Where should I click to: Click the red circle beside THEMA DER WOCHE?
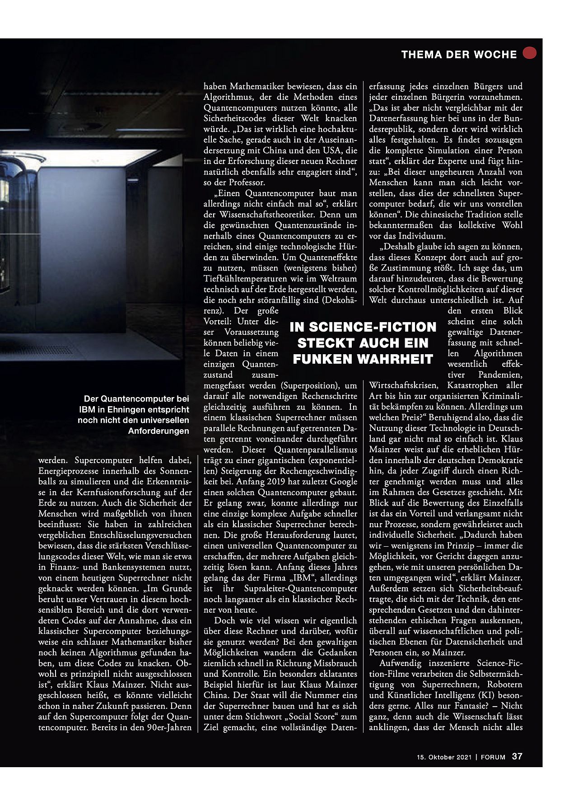pos(529,53)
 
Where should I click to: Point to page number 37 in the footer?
pos(517,756)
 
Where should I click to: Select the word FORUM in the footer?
pos(493,757)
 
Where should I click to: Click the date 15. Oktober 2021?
pos(444,757)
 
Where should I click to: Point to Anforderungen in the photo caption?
pos(159,431)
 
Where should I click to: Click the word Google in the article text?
pos(343,482)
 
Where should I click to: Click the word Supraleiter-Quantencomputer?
pos(301,588)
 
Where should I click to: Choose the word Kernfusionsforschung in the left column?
pos(121,492)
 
